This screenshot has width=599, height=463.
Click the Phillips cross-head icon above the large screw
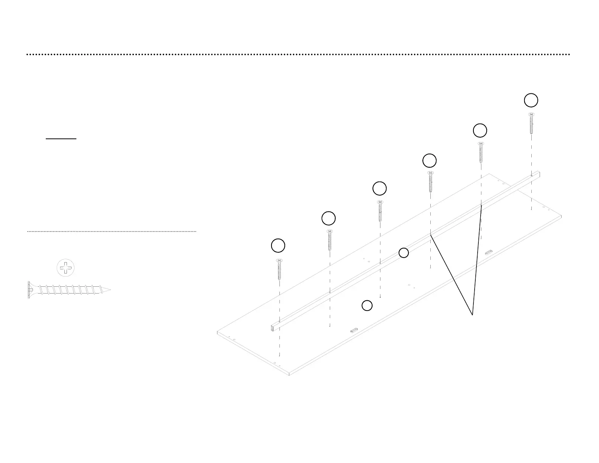pyautogui.click(x=66, y=268)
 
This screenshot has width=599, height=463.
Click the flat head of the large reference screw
pyautogui.click(x=29, y=290)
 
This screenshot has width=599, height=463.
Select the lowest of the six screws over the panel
pyautogui.click(x=279, y=269)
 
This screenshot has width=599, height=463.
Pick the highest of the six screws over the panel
pyautogui.click(x=531, y=123)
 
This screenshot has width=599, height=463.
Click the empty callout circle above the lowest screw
pyautogui.click(x=278, y=245)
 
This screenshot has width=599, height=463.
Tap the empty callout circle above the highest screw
pyautogui.click(x=531, y=100)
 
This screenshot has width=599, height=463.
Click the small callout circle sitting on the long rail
pyautogui.click(x=404, y=253)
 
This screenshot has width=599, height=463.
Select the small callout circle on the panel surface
pyautogui.click(x=367, y=306)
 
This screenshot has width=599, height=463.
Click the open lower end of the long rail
pyautogui.click(x=272, y=328)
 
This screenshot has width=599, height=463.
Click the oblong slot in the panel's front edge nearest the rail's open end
pyautogui.click(x=354, y=330)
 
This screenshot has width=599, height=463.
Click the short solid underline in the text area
pyautogui.click(x=61, y=139)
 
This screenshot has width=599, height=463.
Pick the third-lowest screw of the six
pyautogui.click(x=380, y=211)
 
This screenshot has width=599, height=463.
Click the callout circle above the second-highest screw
pyautogui.click(x=480, y=131)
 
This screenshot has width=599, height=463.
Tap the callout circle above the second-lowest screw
pyautogui.click(x=328, y=218)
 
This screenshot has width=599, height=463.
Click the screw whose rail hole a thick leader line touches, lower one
pyautogui.click(x=430, y=182)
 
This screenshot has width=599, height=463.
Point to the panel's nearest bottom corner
pyautogui.click(x=289, y=374)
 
